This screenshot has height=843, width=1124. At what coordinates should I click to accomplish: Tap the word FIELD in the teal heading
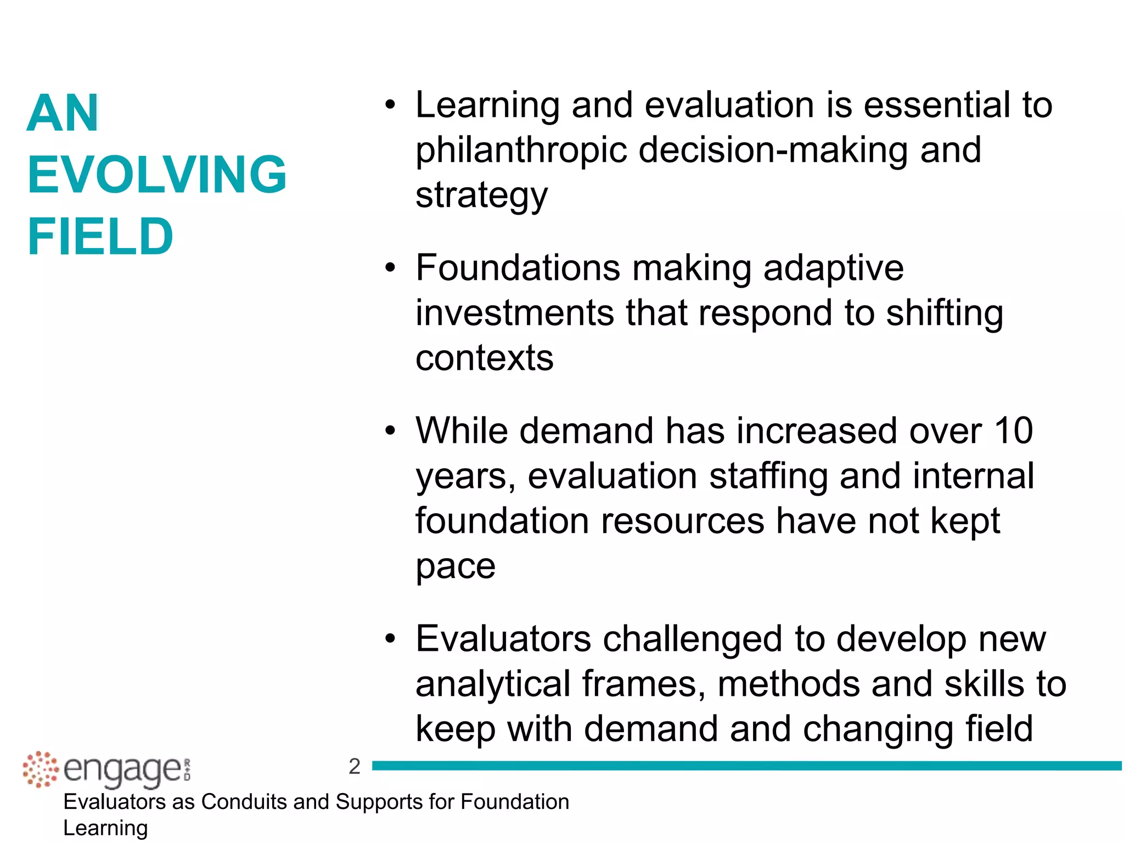click(100, 237)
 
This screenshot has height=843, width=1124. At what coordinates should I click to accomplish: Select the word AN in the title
click(63, 113)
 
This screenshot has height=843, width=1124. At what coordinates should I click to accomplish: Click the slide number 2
click(355, 767)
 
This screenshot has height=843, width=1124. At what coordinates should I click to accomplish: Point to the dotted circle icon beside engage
click(41, 769)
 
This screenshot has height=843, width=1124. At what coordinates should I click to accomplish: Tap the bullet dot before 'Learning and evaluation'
click(390, 105)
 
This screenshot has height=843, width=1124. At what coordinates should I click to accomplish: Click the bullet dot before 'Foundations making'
click(390, 268)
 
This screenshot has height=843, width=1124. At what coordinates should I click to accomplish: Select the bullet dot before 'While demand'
click(390, 431)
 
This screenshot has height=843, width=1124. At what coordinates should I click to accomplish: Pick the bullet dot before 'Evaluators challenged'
click(390, 639)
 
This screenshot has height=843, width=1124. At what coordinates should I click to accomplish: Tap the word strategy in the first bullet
click(481, 195)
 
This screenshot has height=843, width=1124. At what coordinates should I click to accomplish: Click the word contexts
click(484, 358)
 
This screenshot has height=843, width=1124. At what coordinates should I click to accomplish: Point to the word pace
click(456, 566)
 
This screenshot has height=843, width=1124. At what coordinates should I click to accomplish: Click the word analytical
click(492, 684)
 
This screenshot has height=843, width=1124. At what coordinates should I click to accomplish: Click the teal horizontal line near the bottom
click(746, 766)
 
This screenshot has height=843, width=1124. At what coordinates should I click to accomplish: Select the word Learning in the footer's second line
click(105, 828)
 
